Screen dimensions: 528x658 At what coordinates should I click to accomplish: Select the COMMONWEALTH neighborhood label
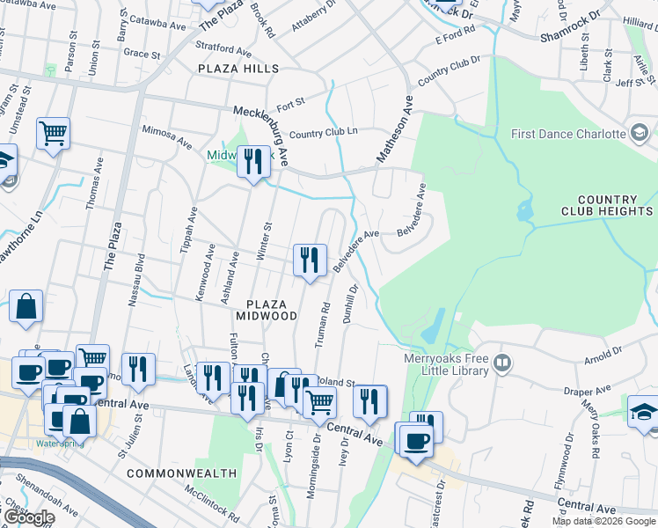[x=181, y=473]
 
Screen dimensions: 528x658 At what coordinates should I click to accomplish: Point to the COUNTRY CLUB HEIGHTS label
[x=607, y=206]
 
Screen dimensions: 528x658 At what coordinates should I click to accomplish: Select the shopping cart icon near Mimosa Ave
[x=53, y=134]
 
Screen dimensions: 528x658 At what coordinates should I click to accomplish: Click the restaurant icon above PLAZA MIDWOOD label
[x=309, y=260]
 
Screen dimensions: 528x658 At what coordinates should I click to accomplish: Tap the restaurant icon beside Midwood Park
[x=253, y=161]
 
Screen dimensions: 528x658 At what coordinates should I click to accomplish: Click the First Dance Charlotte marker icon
[x=640, y=134]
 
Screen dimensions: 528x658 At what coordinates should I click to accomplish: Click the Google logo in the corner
[x=28, y=517]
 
